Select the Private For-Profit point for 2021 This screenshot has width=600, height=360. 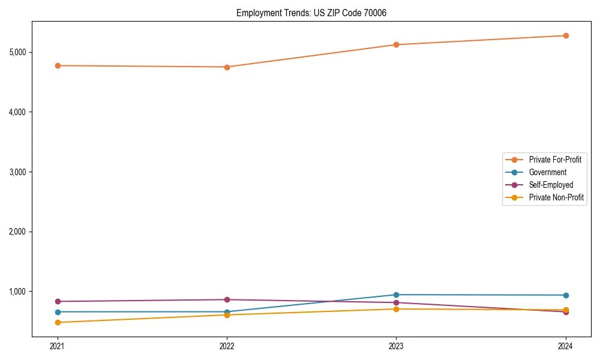pyautogui.click(x=58, y=65)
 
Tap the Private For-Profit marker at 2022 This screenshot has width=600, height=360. pyautogui.click(x=227, y=67)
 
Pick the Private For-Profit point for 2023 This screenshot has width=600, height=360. pyautogui.click(x=396, y=44)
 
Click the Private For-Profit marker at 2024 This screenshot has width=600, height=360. pyautogui.click(x=566, y=35)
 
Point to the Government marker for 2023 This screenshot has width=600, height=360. pyautogui.click(x=396, y=295)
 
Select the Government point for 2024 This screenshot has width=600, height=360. pyautogui.click(x=566, y=295)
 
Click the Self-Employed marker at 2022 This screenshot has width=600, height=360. pyautogui.click(x=227, y=299)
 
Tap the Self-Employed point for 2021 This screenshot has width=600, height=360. pyautogui.click(x=58, y=301)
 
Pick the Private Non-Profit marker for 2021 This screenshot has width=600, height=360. pyautogui.click(x=58, y=322)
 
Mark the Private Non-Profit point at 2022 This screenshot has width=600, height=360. pyautogui.click(x=227, y=315)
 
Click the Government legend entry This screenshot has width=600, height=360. pyautogui.click(x=547, y=172)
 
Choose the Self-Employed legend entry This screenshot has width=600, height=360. pyautogui.click(x=551, y=185)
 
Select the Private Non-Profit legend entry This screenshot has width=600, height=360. pyautogui.click(x=556, y=197)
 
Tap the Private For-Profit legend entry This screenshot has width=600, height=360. pyautogui.click(x=555, y=160)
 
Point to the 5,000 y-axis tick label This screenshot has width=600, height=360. pyautogui.click(x=17, y=52)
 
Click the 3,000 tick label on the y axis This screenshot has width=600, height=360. pyautogui.click(x=17, y=172)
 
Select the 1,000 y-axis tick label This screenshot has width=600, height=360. pyautogui.click(x=17, y=292)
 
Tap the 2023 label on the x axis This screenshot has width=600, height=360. pyautogui.click(x=396, y=346)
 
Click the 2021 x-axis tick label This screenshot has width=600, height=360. pyautogui.click(x=58, y=346)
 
